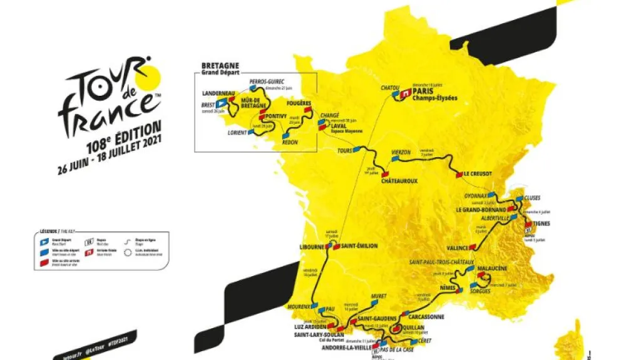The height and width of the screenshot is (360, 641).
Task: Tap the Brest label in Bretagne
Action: click(x=208, y=106)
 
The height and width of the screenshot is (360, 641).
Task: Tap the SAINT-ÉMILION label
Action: click(x=359, y=246)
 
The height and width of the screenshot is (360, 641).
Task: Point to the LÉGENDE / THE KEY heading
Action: click(x=56, y=232)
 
